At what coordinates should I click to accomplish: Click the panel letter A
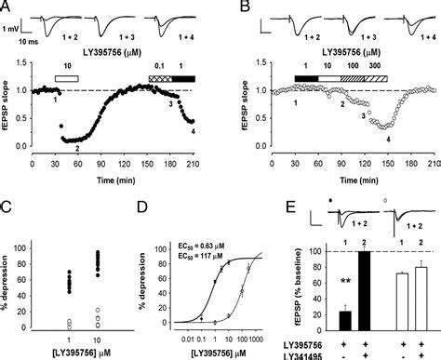[x=7, y=7]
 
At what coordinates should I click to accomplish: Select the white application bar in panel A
[x=66, y=81]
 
